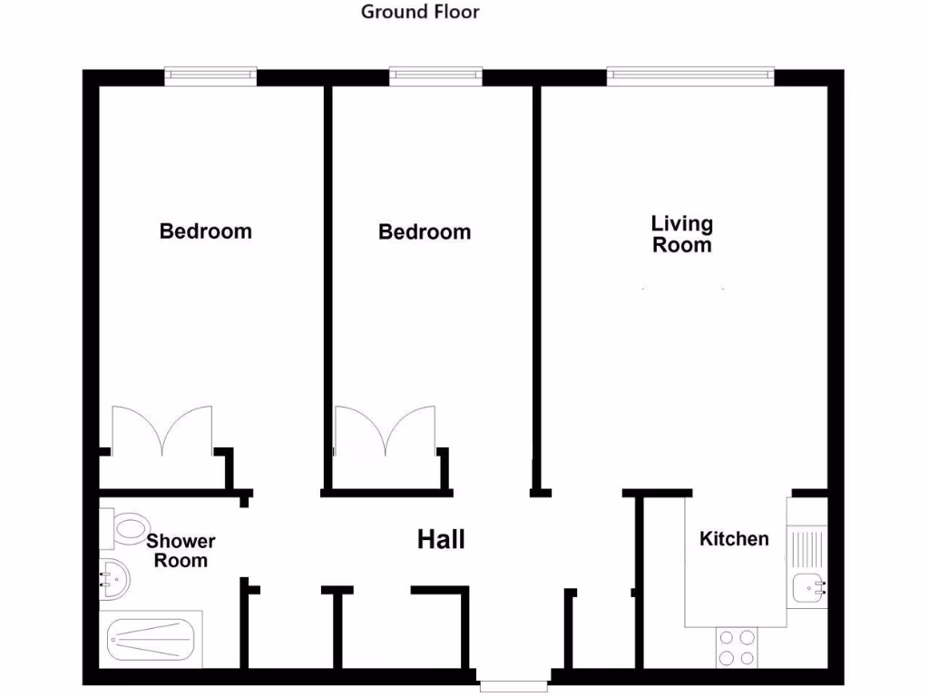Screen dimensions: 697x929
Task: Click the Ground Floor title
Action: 420,12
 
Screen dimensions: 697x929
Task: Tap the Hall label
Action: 441,540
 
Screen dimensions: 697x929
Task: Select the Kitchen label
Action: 734,539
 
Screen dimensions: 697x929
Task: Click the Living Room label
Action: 682,234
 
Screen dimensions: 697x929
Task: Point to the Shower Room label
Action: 181,551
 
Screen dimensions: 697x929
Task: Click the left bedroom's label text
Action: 205,231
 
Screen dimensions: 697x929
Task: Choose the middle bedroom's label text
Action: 425,232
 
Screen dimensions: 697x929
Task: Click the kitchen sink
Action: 807,588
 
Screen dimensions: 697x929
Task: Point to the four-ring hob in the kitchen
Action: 737,647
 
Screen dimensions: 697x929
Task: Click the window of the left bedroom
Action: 210,77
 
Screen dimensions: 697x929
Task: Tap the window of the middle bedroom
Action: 435,77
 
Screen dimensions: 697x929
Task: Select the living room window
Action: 690,77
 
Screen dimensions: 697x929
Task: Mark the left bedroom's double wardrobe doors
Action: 161,431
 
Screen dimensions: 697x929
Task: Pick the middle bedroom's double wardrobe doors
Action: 385,431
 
